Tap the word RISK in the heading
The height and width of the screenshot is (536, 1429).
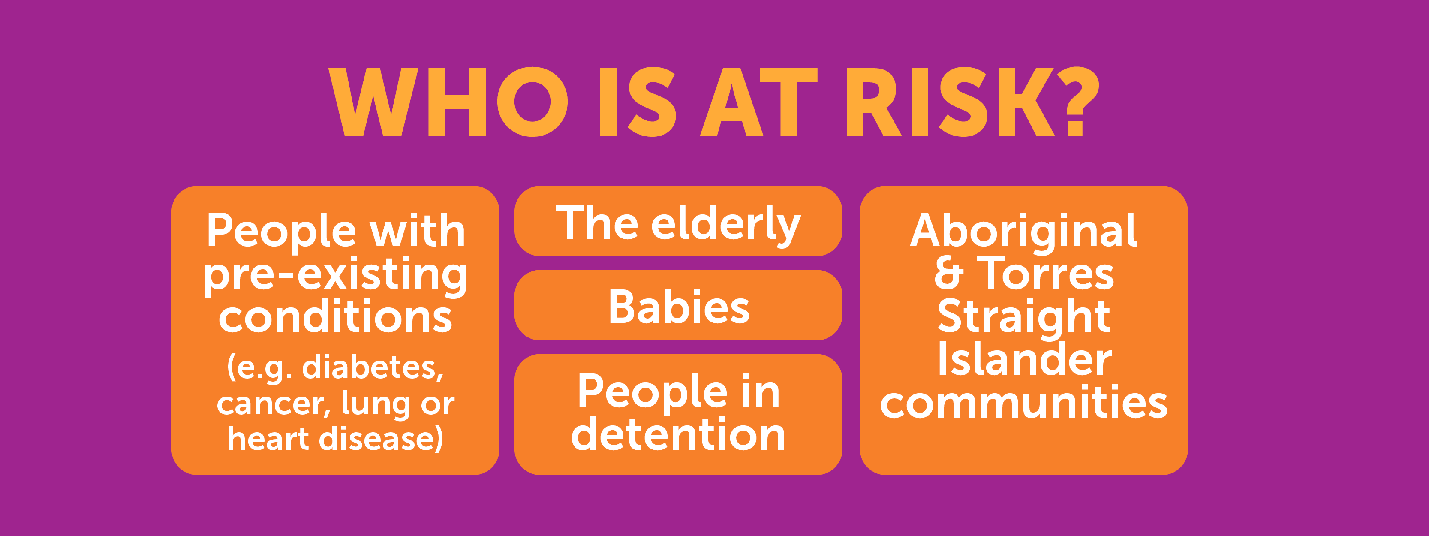(x=949, y=102)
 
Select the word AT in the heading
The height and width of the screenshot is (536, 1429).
(x=759, y=102)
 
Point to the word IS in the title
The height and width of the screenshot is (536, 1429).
(x=638, y=102)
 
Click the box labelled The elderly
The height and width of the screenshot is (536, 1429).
(x=678, y=221)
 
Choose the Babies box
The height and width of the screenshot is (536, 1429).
(x=678, y=305)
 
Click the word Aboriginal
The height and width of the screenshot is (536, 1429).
(x=1023, y=232)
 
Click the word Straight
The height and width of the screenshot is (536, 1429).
(x=1023, y=317)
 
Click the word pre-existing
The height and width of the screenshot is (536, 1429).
(x=336, y=276)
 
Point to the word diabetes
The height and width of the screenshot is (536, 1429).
(x=372, y=367)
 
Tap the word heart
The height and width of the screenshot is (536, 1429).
(x=268, y=438)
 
